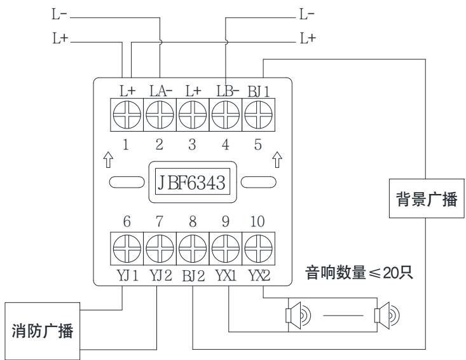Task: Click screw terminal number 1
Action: [x=126, y=115]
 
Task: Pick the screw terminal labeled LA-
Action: [x=159, y=115]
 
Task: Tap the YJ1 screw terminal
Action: [x=126, y=249]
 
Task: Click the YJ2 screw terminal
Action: [x=159, y=249]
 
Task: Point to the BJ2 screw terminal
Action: [x=192, y=249]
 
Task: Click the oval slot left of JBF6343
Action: [x=125, y=183]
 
